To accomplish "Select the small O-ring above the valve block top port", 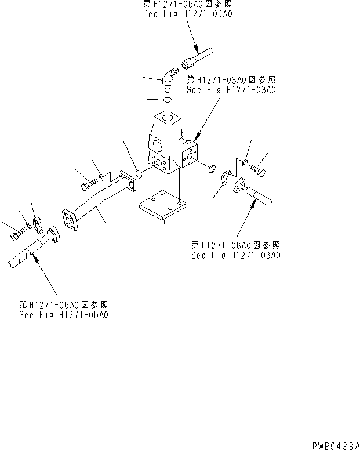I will click(167, 101).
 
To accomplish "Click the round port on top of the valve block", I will click(167, 119).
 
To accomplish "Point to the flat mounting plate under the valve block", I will click(163, 205).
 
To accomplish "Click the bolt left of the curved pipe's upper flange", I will click(88, 184).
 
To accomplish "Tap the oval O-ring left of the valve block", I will click(140, 173).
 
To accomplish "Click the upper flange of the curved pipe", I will click(126, 180).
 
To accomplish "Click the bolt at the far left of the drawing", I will click(15, 235).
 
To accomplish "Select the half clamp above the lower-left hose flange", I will click(37, 221).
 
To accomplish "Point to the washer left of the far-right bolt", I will click(246, 162).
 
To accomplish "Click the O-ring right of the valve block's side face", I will click(212, 170).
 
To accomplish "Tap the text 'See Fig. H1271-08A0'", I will click(235, 255).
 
